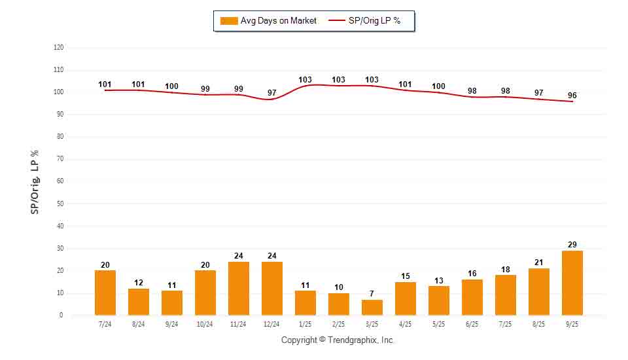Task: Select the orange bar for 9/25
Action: [572, 283]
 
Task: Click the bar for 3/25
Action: [372, 307]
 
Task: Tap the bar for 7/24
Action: [105, 293]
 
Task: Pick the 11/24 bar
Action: [238, 288]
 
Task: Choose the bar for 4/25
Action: [405, 298]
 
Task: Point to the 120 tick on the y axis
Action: [59, 48]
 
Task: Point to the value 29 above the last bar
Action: [572, 244]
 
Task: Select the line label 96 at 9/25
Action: [572, 96]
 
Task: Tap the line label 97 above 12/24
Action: [271, 93]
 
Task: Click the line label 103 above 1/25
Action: [305, 80]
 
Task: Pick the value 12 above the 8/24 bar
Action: [138, 282]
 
